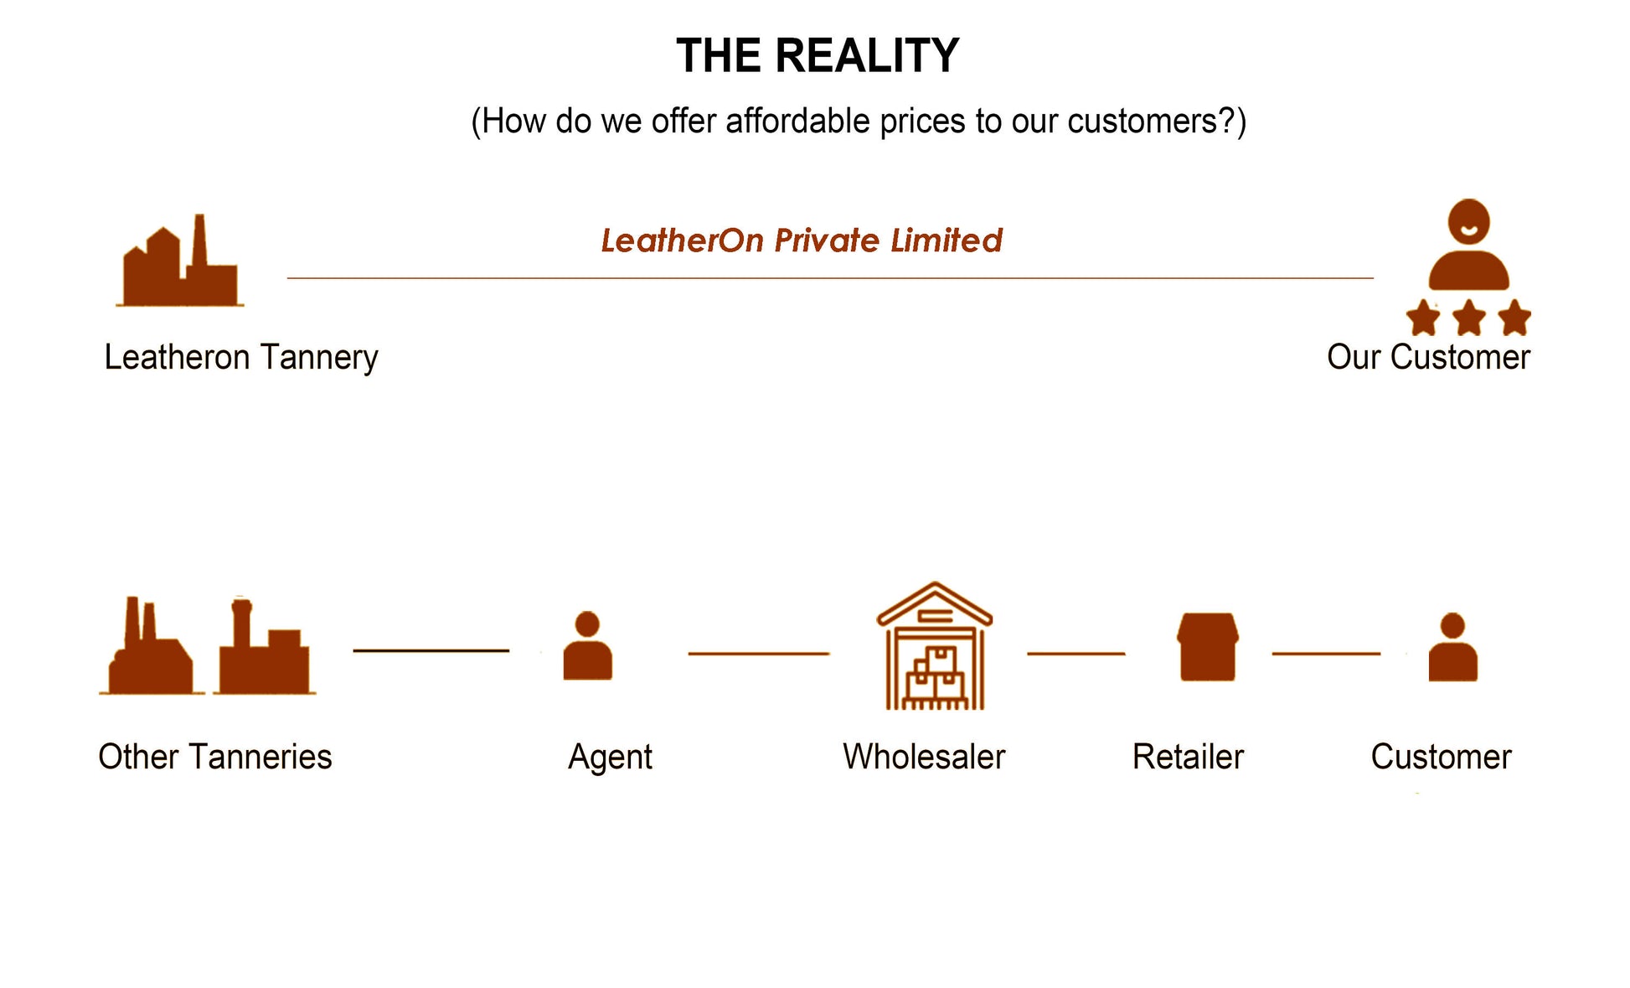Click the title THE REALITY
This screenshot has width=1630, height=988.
click(817, 56)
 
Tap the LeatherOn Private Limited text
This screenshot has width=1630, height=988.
click(802, 241)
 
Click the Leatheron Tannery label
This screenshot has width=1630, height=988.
click(241, 358)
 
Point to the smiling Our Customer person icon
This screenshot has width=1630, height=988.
click(1468, 246)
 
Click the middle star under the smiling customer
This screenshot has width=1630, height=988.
click(1468, 318)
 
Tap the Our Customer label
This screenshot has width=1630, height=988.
click(1428, 358)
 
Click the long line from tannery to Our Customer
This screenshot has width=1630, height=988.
click(829, 277)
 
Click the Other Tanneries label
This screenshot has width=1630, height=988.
click(215, 757)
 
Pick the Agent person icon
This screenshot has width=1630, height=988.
click(587, 646)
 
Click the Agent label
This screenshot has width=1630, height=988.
click(610, 757)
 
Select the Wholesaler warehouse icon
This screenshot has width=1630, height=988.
click(934, 647)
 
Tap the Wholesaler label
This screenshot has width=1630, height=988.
click(924, 757)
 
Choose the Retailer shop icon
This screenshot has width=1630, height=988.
click(1207, 647)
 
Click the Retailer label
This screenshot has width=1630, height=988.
click(1188, 757)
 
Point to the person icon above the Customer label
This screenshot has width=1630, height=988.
click(1452, 648)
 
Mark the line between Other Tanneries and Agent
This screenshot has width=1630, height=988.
click(431, 650)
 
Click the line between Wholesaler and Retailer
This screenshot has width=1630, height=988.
click(1075, 654)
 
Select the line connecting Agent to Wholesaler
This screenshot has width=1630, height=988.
click(759, 654)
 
